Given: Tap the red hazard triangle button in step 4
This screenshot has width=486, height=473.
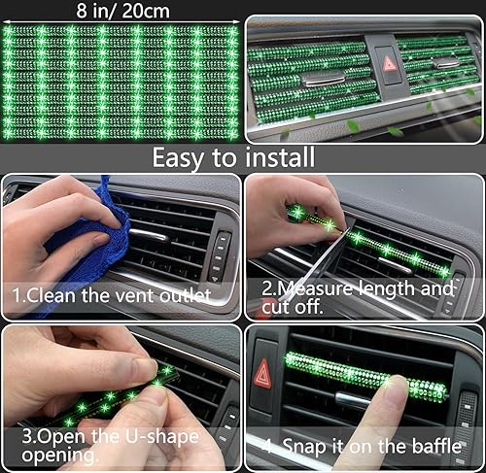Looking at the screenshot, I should point(263,372).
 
